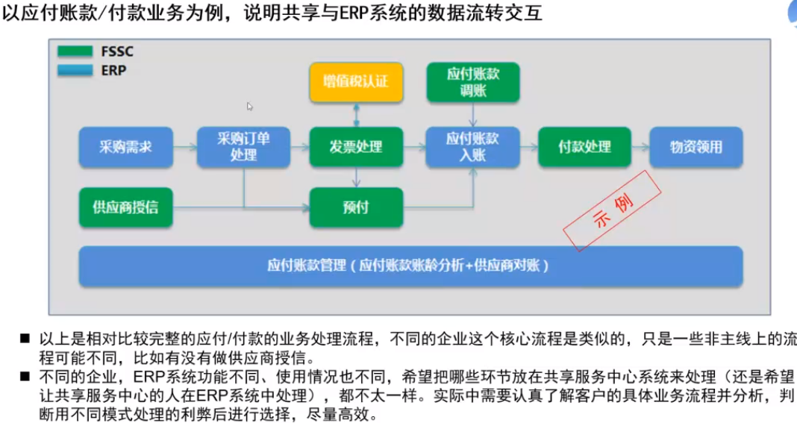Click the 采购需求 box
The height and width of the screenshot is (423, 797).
point(125,147)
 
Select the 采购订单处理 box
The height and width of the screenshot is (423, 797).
point(243,147)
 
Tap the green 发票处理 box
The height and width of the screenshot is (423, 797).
point(356,147)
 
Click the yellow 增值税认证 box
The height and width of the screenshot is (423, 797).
point(356,82)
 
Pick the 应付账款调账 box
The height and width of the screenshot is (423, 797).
point(473,82)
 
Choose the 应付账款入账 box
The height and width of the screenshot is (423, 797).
point(472,147)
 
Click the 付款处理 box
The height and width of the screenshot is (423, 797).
point(584,147)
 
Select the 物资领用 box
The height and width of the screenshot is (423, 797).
point(696,147)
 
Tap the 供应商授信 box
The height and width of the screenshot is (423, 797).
point(125,207)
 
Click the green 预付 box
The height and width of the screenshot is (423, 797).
point(356,207)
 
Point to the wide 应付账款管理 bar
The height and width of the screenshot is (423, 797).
point(410,266)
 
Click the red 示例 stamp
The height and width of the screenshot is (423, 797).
point(612,210)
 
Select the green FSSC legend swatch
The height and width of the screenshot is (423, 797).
point(75,51)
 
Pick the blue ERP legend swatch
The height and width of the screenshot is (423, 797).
point(75,70)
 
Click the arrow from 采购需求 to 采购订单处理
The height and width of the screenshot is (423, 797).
point(185,148)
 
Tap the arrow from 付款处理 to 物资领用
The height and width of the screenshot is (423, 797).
point(640,148)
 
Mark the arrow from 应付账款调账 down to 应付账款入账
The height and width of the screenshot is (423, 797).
point(473,114)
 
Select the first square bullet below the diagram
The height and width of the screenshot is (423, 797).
point(25,338)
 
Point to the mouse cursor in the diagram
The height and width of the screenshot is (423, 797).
point(249,106)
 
